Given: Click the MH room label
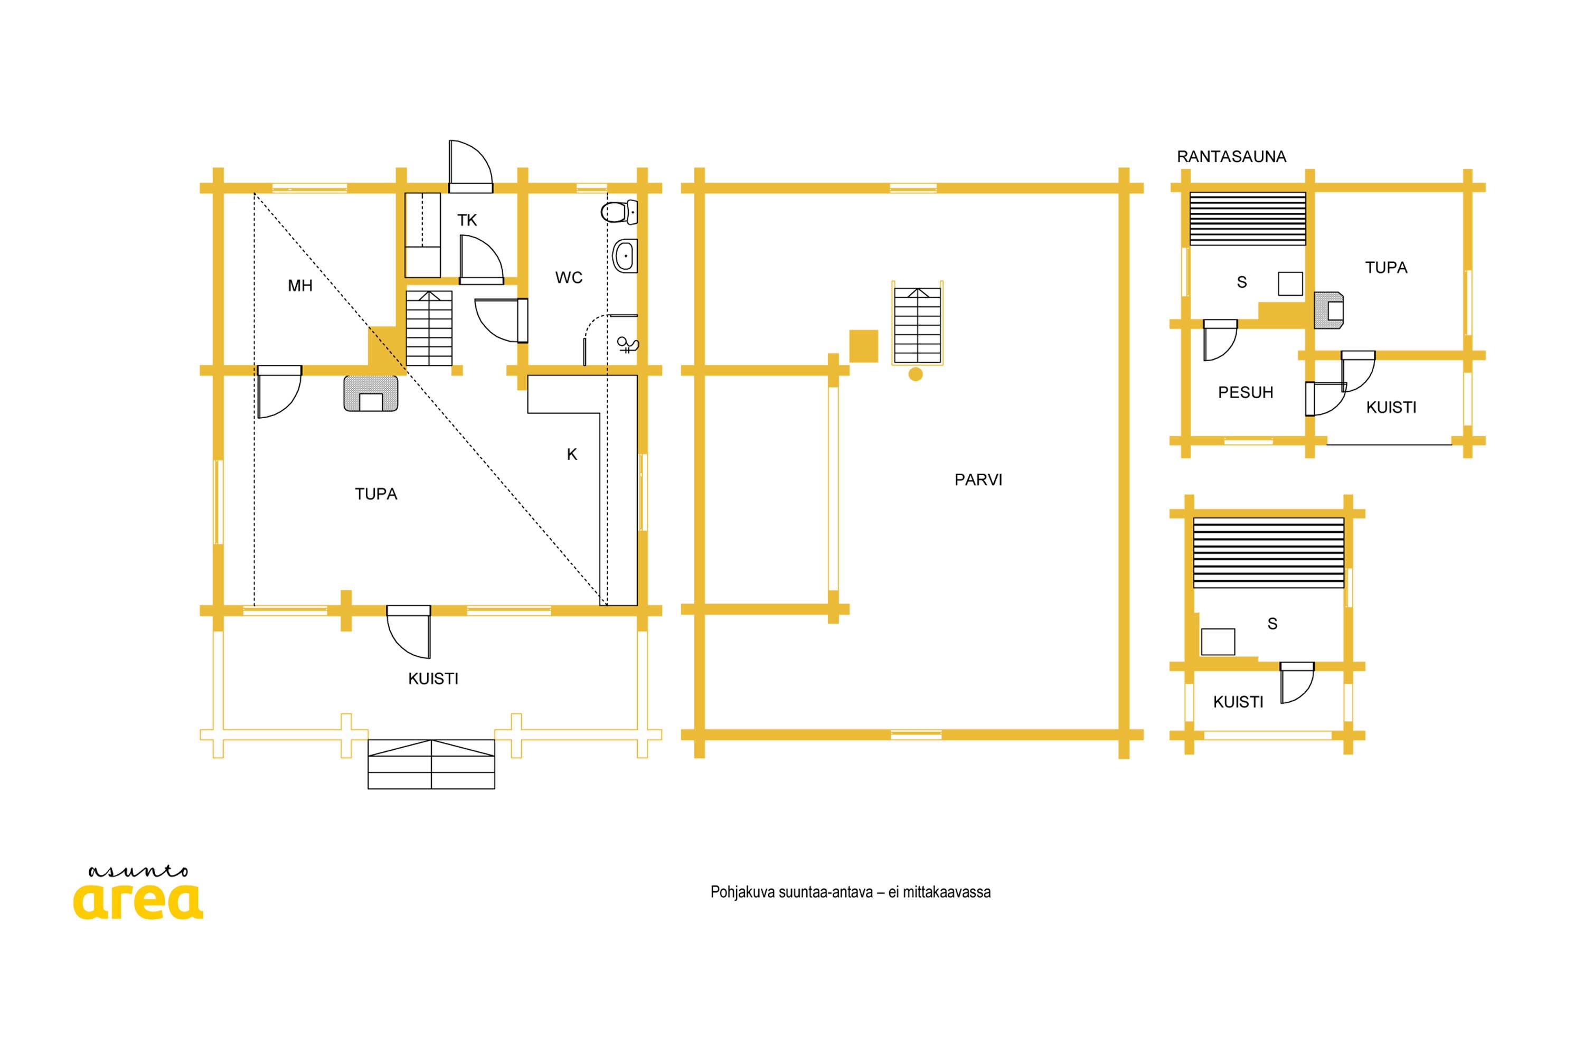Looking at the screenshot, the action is click(300, 286).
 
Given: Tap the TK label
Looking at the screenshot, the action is click(467, 220).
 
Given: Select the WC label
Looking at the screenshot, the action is click(569, 278).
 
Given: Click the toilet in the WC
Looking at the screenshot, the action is click(619, 212).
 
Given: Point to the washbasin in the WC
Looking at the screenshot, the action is click(625, 256).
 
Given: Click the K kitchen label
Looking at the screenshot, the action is click(572, 455).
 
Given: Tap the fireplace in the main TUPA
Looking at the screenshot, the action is click(371, 393).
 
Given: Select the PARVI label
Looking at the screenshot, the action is click(978, 479).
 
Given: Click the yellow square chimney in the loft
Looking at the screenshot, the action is click(863, 346).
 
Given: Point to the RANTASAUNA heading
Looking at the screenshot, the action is click(1231, 156).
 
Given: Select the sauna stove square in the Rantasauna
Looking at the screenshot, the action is click(1290, 284).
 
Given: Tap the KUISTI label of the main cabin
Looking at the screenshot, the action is click(433, 679).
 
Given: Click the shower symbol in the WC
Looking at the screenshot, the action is click(627, 345).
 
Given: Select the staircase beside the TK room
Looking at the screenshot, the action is click(429, 328).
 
